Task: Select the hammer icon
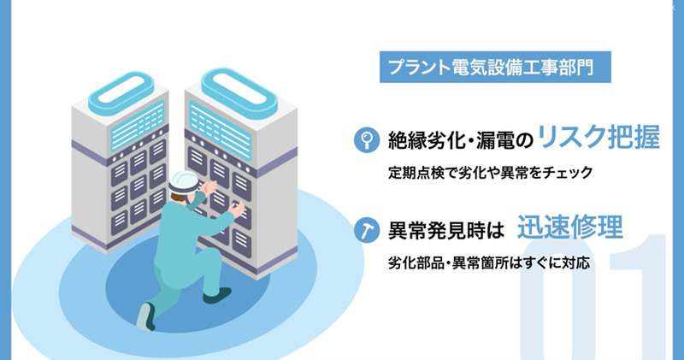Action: click(364, 229)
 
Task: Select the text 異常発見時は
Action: click(442, 229)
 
